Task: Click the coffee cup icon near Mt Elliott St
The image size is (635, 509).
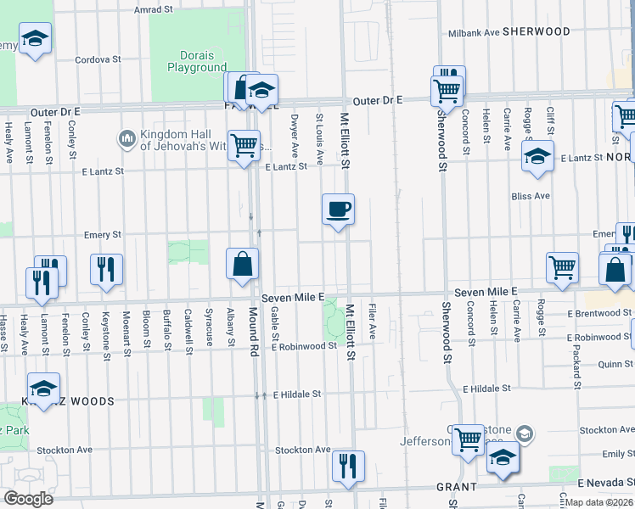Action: (338, 209)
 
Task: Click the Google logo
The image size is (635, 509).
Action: (28, 498)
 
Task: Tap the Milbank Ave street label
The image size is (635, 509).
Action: (474, 32)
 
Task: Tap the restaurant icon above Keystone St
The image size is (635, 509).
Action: (106, 270)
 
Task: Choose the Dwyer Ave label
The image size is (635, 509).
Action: (295, 136)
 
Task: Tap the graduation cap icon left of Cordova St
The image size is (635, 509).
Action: (35, 39)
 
